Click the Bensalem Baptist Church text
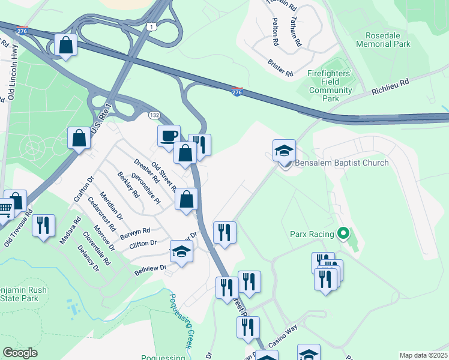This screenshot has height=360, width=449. coord(341,163)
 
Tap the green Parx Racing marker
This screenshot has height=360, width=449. coord(343,233)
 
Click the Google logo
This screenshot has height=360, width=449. coord(20,353)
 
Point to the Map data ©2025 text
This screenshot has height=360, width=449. coord(423,355)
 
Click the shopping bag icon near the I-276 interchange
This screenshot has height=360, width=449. coord(65,45)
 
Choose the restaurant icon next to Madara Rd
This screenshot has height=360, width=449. coord(43,225)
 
